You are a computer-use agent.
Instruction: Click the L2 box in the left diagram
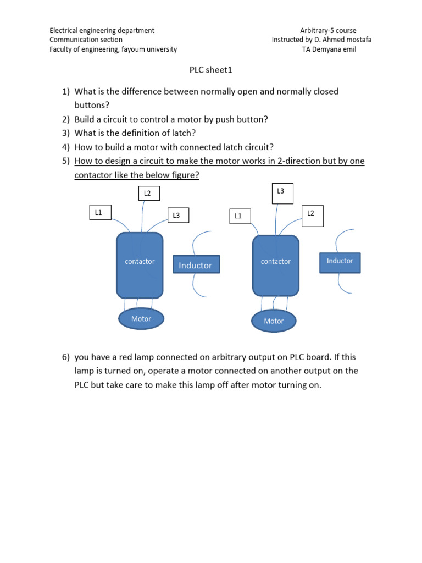tap(147, 193)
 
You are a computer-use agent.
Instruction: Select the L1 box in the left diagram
tap(99, 212)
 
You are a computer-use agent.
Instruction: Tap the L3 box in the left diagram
tap(177, 216)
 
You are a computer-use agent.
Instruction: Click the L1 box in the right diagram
tap(238, 216)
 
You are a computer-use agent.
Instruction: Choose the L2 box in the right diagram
tap(312, 213)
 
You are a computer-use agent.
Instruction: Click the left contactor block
tap(140, 264)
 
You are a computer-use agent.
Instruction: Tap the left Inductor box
tap(196, 265)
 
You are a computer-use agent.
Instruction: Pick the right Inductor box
tap(340, 261)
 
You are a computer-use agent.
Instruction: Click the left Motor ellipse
tap(141, 319)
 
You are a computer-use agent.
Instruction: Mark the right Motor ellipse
tap(274, 321)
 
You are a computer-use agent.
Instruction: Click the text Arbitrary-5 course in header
tap(329, 31)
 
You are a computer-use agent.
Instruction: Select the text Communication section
tap(86, 40)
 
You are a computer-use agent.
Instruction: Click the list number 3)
tap(65, 133)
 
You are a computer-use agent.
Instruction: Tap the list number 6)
tap(65, 357)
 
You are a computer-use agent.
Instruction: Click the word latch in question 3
tap(185, 133)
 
